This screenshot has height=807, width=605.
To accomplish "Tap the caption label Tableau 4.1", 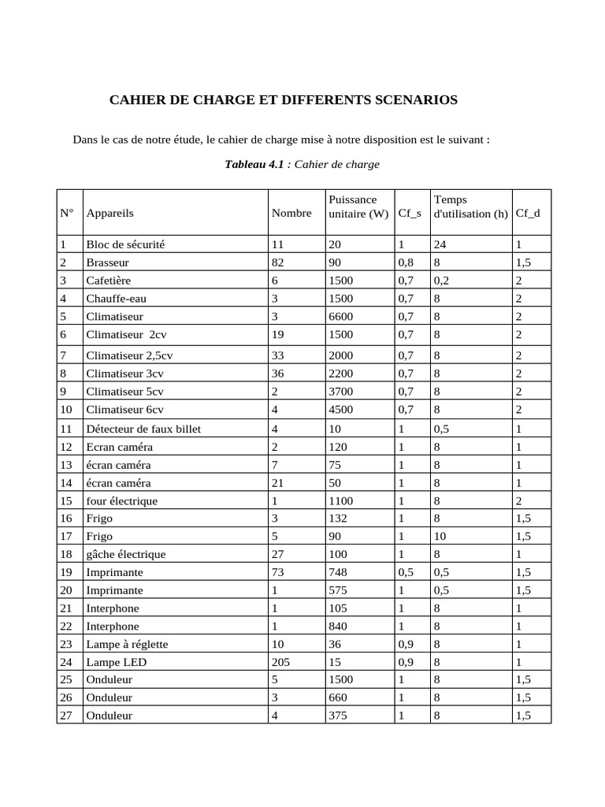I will click(x=254, y=165).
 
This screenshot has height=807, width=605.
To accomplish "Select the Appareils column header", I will click(x=110, y=213).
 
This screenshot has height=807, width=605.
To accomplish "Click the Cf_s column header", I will click(x=410, y=213).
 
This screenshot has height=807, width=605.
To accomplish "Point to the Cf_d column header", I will click(x=528, y=213).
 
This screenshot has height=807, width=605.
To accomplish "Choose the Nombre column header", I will click(x=291, y=213).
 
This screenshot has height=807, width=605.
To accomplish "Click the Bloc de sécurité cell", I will click(x=126, y=244).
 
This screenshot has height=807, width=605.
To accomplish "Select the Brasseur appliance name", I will click(x=108, y=262).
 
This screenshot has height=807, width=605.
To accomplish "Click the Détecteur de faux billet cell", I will click(x=144, y=429).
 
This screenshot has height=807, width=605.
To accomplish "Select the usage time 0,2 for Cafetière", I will click(x=442, y=281).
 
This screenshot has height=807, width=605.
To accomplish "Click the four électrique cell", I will click(x=122, y=500).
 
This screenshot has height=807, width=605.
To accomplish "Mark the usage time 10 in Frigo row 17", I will click(x=440, y=537).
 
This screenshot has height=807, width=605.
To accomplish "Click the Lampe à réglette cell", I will click(x=128, y=644).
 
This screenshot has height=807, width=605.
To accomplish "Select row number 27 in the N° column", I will click(x=66, y=716).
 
